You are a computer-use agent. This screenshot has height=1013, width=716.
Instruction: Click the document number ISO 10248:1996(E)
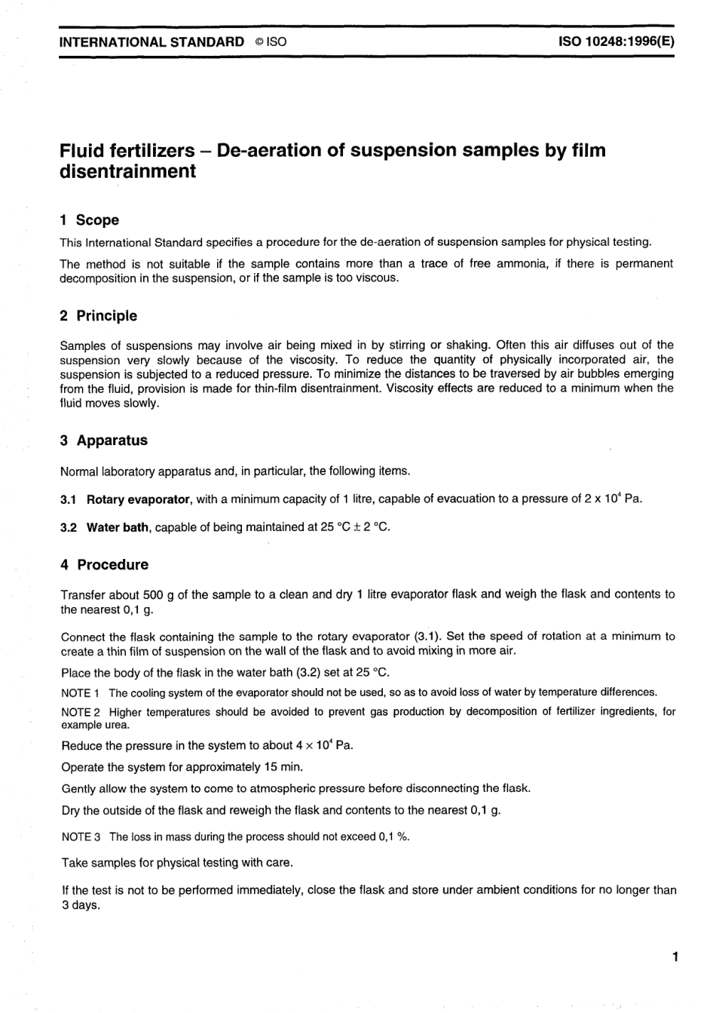point(615,42)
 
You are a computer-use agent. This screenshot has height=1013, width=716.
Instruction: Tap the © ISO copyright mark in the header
point(271,42)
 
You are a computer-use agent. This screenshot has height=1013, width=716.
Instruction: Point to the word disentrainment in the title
point(127,171)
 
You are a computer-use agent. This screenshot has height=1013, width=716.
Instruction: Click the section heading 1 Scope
point(89,219)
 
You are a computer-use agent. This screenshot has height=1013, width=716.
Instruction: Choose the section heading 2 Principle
point(98,315)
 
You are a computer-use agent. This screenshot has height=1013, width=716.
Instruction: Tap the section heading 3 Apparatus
point(103,440)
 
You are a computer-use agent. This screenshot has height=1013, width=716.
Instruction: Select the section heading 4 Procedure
point(104,564)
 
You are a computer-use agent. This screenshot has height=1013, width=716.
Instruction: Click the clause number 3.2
point(68,527)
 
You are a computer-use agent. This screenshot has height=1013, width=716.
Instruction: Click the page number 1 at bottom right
point(675,957)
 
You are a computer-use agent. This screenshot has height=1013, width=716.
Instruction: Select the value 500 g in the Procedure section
point(158,594)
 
